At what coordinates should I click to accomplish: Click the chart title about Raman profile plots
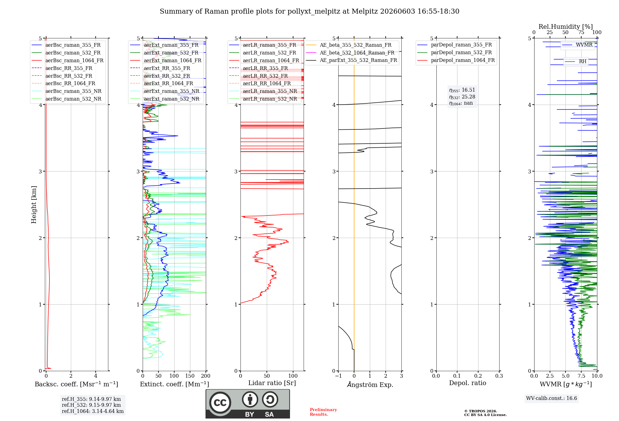pyautogui.click(x=309, y=11)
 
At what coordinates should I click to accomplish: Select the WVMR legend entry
pyautogui.click(x=578, y=45)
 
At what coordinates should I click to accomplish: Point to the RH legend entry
pyautogui.click(x=576, y=62)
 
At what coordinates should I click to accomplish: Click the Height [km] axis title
pyautogui.click(x=34, y=205)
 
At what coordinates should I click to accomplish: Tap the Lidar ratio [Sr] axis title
pyautogui.click(x=272, y=383)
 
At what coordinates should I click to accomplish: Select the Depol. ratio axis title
pyautogui.click(x=468, y=383)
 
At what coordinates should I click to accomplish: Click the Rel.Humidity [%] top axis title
pyautogui.click(x=566, y=27)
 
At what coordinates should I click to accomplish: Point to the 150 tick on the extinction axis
pyautogui.click(x=190, y=376)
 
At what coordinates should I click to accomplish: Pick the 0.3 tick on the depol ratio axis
pyautogui.click(x=499, y=376)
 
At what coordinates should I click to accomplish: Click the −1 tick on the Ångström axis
pyautogui.click(x=338, y=376)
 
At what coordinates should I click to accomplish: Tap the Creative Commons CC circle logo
pyautogui.click(x=220, y=403)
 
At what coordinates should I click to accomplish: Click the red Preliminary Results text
pyautogui.click(x=323, y=412)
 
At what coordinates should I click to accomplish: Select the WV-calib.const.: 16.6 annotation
pyautogui.click(x=552, y=398)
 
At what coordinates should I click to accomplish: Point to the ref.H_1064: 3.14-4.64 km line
pyautogui.click(x=93, y=411)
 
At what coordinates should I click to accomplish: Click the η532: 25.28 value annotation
pyautogui.click(x=462, y=97)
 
